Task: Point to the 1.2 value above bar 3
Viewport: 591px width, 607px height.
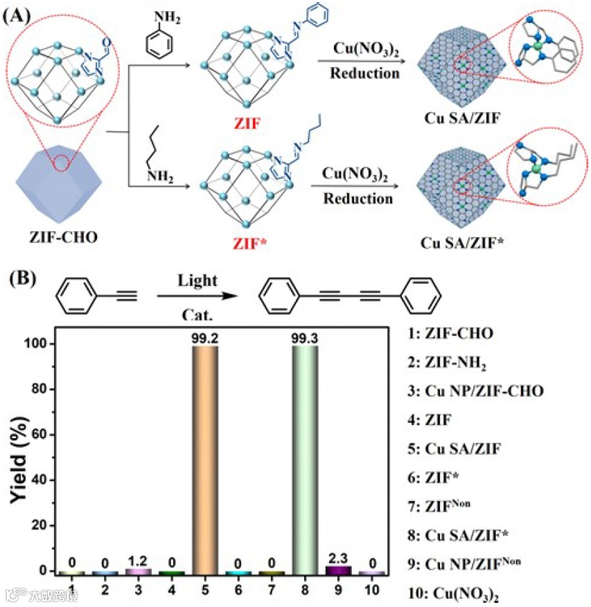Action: (x=138, y=559)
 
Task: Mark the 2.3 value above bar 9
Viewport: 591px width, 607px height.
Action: (x=338, y=557)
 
